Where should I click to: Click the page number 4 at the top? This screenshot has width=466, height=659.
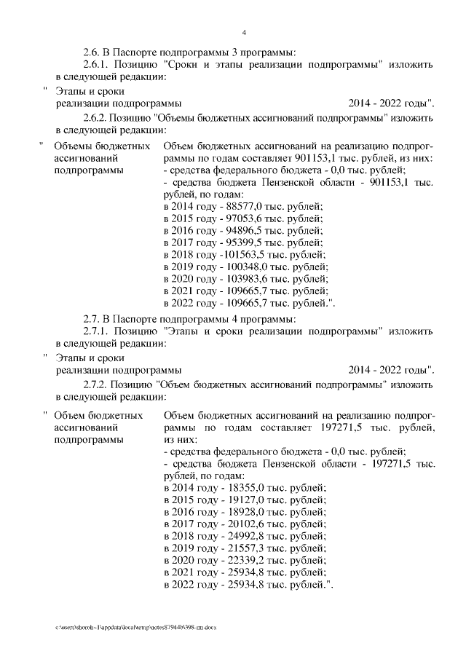pyautogui.click(x=244, y=32)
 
